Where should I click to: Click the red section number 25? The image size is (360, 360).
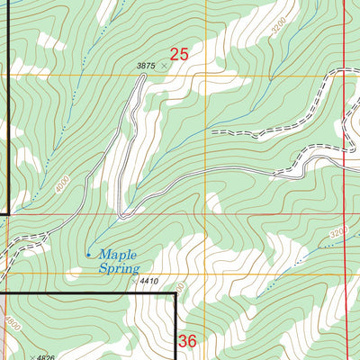pyautogui.click(x=179, y=56)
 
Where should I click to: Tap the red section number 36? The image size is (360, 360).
pyautogui.click(x=187, y=341)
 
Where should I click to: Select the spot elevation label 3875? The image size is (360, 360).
pyautogui.click(x=147, y=66)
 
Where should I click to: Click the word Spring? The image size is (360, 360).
pyautogui.click(x=119, y=268)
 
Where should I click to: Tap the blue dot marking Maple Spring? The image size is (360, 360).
pyautogui.click(x=87, y=255)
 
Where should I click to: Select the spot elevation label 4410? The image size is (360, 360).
pyautogui.click(x=148, y=281)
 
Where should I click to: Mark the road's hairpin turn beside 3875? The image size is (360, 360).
pyautogui.click(x=141, y=78)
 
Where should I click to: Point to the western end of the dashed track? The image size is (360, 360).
pyautogui.click(x=212, y=131)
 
